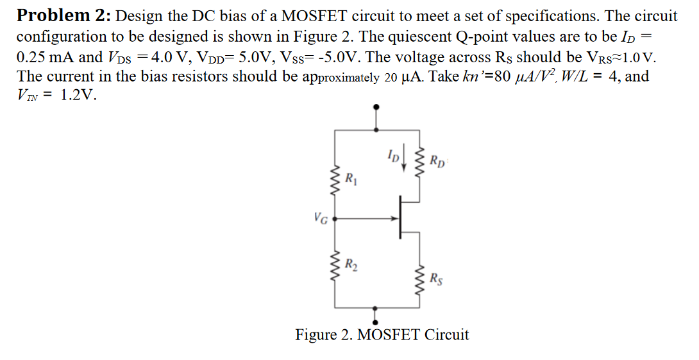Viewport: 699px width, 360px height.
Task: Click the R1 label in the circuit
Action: coord(350,178)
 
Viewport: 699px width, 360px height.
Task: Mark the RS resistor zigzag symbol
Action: coord(420,278)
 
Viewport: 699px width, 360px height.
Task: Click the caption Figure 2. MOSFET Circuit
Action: coord(382,335)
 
